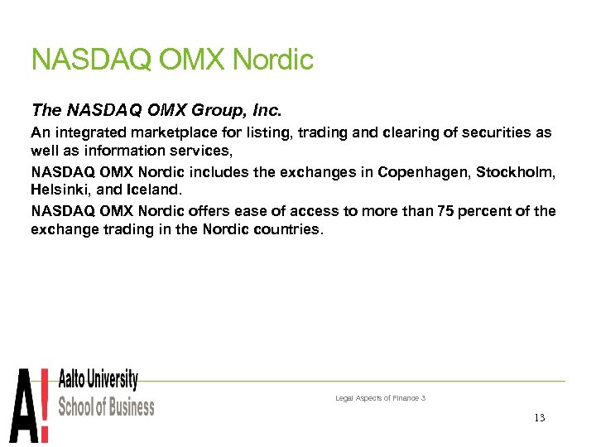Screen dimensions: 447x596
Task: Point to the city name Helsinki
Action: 60,190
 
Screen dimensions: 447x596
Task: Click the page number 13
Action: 540,418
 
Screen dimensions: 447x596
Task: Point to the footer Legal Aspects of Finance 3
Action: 380,398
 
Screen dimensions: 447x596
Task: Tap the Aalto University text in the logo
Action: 98,381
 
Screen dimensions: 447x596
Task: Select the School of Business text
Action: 106,406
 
